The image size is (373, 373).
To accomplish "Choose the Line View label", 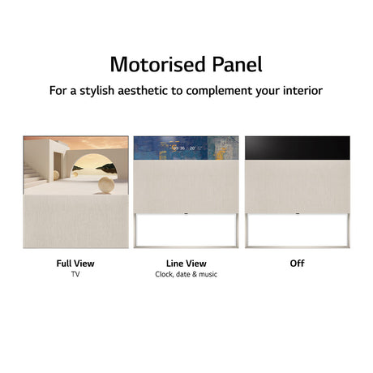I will (186, 264).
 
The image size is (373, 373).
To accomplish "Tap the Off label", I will (297, 264).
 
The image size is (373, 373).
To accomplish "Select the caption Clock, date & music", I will (186, 275).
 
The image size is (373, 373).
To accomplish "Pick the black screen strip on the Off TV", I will (297, 147).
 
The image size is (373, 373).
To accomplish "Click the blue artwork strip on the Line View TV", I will (186, 148).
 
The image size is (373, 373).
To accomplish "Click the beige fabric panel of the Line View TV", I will (186, 186).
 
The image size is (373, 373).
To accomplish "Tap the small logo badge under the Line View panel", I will (186, 214).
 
